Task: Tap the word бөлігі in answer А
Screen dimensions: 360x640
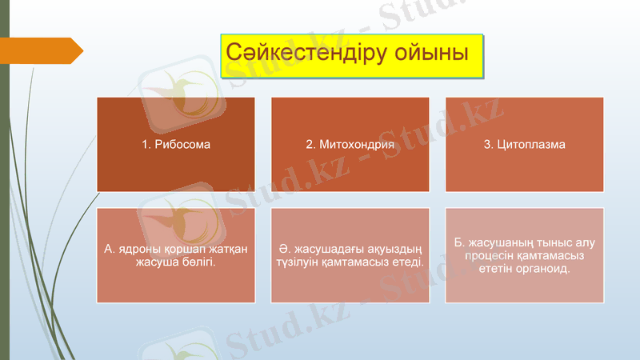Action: click(197, 262)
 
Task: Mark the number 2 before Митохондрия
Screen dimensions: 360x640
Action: click(310, 145)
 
